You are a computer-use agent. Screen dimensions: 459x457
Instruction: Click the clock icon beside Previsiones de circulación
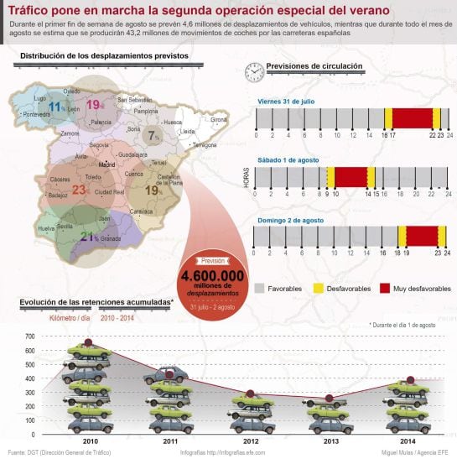(x=253, y=72)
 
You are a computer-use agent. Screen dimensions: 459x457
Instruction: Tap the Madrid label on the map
(x=106, y=165)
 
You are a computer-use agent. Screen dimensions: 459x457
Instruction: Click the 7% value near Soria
(x=153, y=135)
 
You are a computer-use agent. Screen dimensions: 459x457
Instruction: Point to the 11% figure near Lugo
(x=56, y=107)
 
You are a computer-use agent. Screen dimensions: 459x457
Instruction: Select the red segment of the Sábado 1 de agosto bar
(x=351, y=177)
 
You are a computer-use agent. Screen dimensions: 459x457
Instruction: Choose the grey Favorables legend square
(x=259, y=288)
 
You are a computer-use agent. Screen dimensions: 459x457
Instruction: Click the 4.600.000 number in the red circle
(x=212, y=275)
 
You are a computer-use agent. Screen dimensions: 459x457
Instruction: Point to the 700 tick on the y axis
(x=29, y=336)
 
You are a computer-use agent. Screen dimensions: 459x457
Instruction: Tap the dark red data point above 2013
(x=329, y=398)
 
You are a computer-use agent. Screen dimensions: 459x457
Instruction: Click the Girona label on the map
(x=219, y=120)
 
